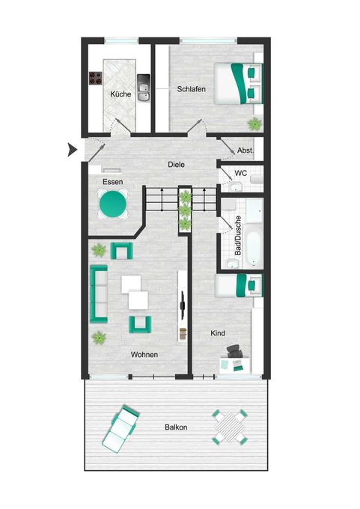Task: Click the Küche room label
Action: pyautogui.click(x=120, y=94)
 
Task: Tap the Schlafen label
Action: pyautogui.click(x=191, y=88)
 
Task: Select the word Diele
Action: pyautogui.click(x=177, y=164)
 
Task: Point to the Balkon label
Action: pyautogui.click(x=176, y=427)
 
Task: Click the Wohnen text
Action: pyautogui.click(x=144, y=355)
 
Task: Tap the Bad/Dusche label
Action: pyautogui.click(x=238, y=235)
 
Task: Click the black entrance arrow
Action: pyautogui.click(x=72, y=150)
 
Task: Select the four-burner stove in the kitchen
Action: pyautogui.click(x=96, y=78)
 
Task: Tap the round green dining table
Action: pyautogui.click(x=113, y=204)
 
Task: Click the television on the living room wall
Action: pyautogui.click(x=183, y=305)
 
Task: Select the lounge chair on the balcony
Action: pyautogui.click(x=120, y=428)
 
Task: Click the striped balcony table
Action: pyautogui.click(x=230, y=427)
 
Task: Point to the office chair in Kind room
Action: pyautogui.click(x=234, y=351)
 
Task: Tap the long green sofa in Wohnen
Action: pyautogui.click(x=99, y=294)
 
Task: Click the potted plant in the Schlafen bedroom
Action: pyautogui.click(x=254, y=124)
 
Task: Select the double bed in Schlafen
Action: pyautogui.click(x=238, y=83)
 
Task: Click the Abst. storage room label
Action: pyautogui.click(x=245, y=150)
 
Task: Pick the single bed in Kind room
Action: pyautogui.click(x=239, y=285)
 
